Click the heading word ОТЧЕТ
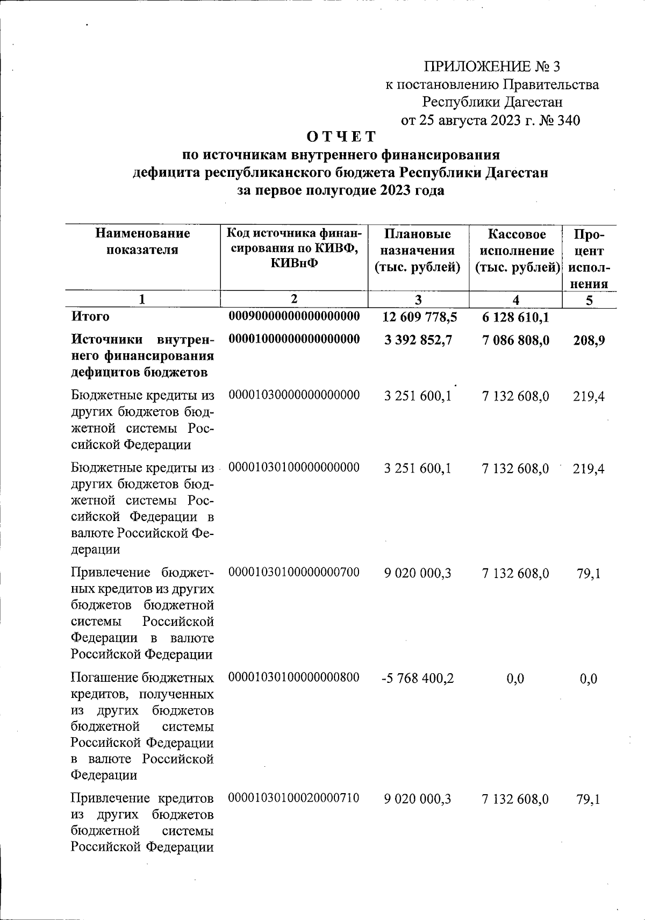tap(338, 137)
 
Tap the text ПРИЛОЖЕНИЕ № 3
tap(492, 67)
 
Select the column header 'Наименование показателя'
tap(142, 241)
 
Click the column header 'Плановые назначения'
tap(418, 250)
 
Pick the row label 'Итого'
tap(90, 317)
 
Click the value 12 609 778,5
tap(419, 317)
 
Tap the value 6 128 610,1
tap(515, 317)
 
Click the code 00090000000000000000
tap(294, 316)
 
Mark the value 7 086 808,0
tap(515, 340)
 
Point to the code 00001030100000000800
tap(294, 677)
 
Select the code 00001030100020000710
tap(294, 798)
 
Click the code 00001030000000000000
tap(294, 395)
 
